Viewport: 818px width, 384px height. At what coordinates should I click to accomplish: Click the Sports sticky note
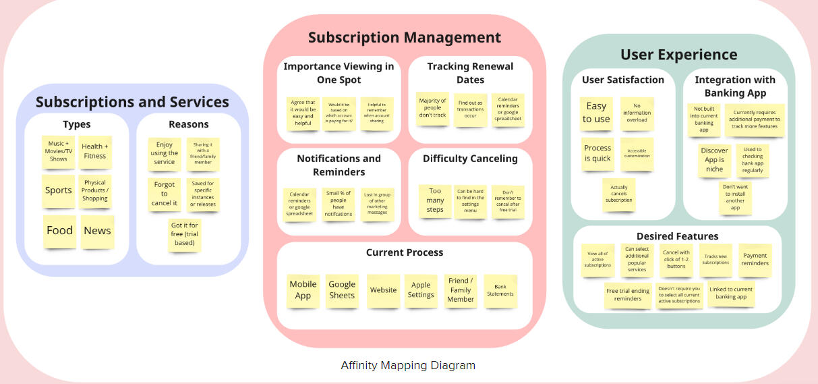[x=59, y=191]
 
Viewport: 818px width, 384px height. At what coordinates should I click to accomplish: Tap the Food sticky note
[x=59, y=231]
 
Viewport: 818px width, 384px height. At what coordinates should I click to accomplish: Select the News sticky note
[x=97, y=231]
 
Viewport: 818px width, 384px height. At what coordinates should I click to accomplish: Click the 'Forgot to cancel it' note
[x=165, y=194]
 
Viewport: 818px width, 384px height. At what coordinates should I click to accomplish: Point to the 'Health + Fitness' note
[x=95, y=151]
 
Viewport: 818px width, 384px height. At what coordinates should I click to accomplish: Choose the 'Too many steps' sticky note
[x=435, y=200]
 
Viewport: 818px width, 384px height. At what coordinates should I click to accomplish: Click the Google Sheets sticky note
[x=342, y=290]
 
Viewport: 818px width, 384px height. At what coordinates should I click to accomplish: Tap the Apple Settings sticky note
[x=421, y=290]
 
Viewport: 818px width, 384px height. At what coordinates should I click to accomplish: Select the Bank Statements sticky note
[x=500, y=290]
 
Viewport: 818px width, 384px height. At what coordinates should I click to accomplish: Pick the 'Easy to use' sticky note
[x=597, y=113]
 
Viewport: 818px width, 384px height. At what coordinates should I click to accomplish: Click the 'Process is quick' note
[x=597, y=154]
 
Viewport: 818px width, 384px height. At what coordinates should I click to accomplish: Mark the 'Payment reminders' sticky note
[x=755, y=260]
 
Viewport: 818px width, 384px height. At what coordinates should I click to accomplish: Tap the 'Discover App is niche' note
[x=715, y=161]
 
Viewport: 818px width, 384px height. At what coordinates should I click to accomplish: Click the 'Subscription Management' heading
[x=405, y=38]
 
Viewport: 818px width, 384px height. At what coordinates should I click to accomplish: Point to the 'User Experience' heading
[x=678, y=55]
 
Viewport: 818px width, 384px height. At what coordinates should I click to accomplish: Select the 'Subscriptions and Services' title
[x=132, y=103]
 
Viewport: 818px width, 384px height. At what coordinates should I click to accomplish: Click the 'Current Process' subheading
[x=405, y=252]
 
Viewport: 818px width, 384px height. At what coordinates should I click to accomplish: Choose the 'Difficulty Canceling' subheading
[x=470, y=159]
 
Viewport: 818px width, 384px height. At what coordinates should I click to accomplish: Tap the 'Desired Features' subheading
[x=677, y=236]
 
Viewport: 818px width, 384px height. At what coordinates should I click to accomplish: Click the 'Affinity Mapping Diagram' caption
[x=408, y=366]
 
